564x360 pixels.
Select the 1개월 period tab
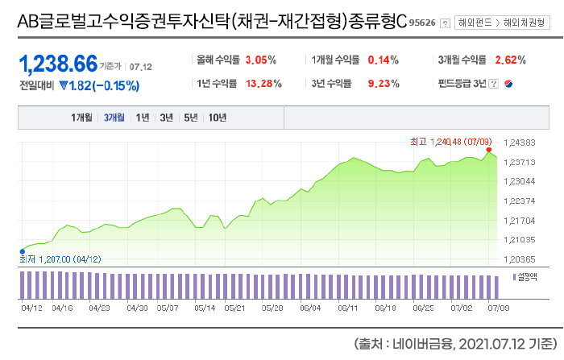click(82, 118)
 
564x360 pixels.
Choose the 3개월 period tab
click(114, 118)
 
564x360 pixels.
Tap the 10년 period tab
click(217, 118)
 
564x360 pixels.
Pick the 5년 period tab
click(191, 118)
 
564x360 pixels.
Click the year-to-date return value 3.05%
click(260, 60)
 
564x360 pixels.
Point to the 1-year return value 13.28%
click(263, 83)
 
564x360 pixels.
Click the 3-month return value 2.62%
click(510, 60)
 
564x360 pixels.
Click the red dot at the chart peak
click(488, 150)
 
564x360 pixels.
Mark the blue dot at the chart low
click(22, 250)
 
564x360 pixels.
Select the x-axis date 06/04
click(310, 307)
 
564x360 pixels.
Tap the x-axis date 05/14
click(205, 307)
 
